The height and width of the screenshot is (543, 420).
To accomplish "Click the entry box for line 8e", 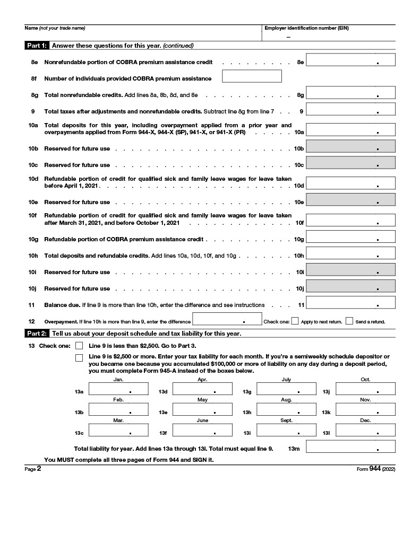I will pos(350,60).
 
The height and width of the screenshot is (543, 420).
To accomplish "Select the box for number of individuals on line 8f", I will pos(251,76).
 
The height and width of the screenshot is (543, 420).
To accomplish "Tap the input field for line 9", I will pos(350,109).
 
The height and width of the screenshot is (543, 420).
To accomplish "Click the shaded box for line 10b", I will pos(350,146).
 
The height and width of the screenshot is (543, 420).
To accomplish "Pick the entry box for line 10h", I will pos(350,253).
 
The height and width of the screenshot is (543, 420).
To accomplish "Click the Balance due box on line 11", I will pos(350,303).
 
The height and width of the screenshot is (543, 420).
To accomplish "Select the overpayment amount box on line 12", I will pos(227,319).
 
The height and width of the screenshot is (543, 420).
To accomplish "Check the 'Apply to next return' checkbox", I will pos(295,321).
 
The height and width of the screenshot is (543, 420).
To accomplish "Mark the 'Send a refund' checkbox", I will pos(349,321).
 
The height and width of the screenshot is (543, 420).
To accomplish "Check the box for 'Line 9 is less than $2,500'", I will pos(79,346).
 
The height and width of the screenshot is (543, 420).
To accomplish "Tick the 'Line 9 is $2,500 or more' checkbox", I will pos(79,358).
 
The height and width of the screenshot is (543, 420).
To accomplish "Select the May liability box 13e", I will pos(202,409).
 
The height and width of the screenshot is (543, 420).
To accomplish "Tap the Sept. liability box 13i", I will pos(286,430).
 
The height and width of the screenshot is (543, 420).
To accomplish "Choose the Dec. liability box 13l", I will pos(365,430).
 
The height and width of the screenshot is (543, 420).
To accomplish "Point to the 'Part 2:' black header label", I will pos(37,334).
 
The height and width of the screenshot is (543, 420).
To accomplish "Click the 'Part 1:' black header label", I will pos(37,46).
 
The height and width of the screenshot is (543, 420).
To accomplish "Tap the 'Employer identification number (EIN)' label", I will pos(307,28).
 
